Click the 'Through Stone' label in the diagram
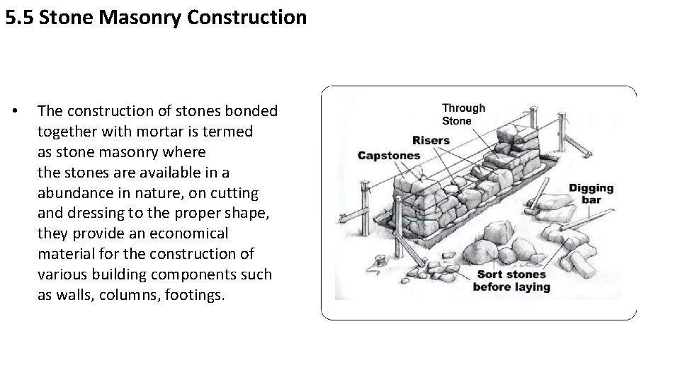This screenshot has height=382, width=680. pyautogui.click(x=463, y=115)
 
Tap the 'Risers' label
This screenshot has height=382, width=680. pyautogui.click(x=431, y=140)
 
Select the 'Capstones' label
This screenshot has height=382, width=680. pyautogui.click(x=389, y=156)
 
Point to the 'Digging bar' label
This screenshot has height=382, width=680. pyautogui.click(x=591, y=194)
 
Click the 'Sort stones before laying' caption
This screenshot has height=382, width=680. pyautogui.click(x=511, y=280)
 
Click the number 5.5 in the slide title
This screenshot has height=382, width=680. pyautogui.click(x=20, y=17)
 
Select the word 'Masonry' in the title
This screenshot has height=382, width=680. pyautogui.click(x=141, y=17)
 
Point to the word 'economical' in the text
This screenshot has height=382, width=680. pyautogui.click(x=191, y=233)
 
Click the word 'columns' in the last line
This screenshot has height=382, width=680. pyautogui.click(x=132, y=295)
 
